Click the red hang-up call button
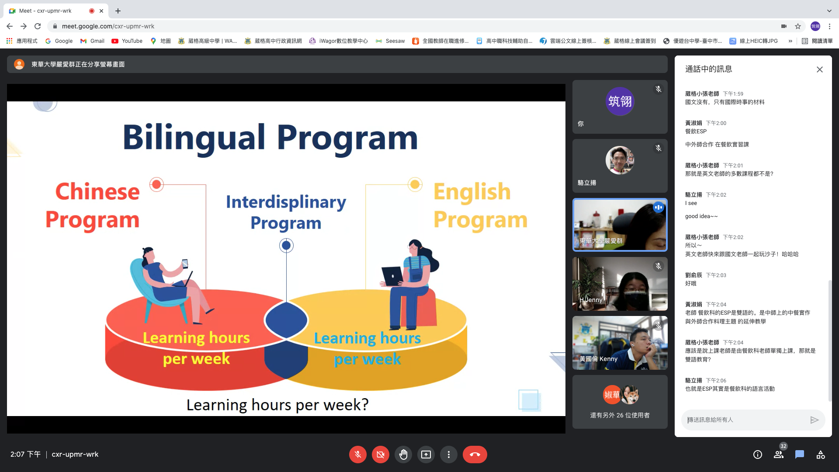pos(475,455)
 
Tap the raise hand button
pos(403,455)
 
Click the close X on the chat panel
pos(820,69)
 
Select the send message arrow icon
pos(814,420)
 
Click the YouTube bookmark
pos(127,41)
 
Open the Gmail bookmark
pos(92,41)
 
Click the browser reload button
pos(38,26)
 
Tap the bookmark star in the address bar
pos(798,26)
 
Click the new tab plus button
pos(118,11)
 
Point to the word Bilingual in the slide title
pos(194,138)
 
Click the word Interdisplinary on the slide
pos(286,202)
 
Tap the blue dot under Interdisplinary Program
pos(286,246)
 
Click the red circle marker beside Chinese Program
pos(156,184)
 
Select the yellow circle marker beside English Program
pos(415,184)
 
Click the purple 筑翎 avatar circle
pos(620,101)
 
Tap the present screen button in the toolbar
pos(426,455)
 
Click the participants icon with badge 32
pos(779,455)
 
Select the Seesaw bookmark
pos(391,41)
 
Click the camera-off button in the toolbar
pos(381,455)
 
